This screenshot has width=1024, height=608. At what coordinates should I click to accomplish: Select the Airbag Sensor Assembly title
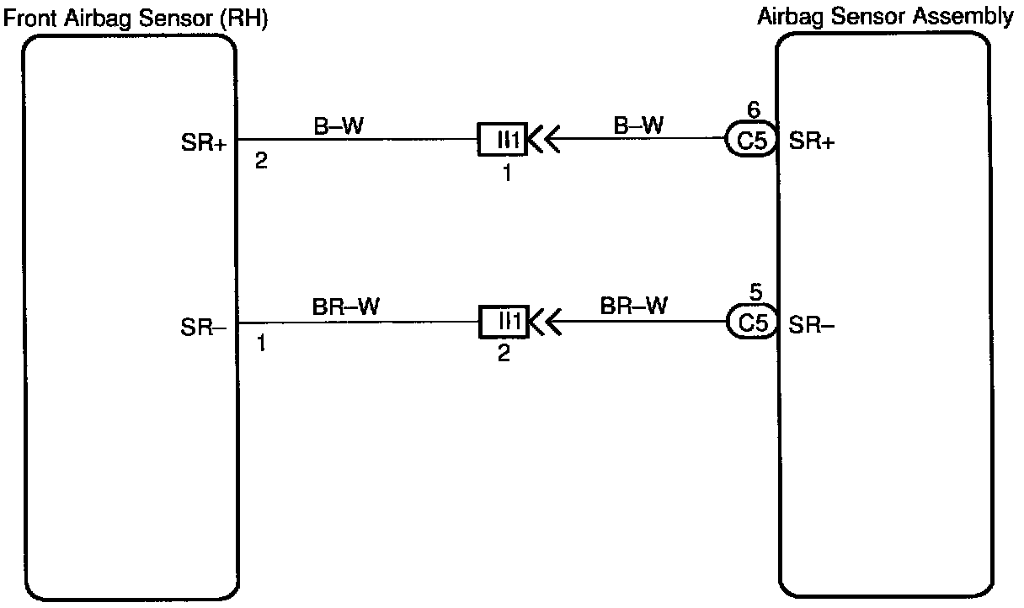coord(886,17)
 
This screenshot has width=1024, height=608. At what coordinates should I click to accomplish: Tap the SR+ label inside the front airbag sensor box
coord(203,143)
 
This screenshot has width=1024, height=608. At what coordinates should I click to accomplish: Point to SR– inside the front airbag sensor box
coord(203,326)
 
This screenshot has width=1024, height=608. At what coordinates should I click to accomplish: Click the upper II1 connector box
coord(503,139)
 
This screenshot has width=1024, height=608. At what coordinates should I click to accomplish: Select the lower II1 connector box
coord(503,322)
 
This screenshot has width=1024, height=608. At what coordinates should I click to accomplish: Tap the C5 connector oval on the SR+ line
coord(751,141)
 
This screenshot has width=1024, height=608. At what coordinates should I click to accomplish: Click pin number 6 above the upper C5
coord(754,109)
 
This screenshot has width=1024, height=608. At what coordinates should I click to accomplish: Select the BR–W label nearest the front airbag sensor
coord(345,308)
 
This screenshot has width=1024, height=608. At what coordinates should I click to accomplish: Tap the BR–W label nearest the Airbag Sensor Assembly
coord(634,307)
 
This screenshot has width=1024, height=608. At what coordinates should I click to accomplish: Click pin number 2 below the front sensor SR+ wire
coord(261,161)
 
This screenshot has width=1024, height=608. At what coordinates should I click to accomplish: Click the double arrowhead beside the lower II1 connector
coord(541,322)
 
